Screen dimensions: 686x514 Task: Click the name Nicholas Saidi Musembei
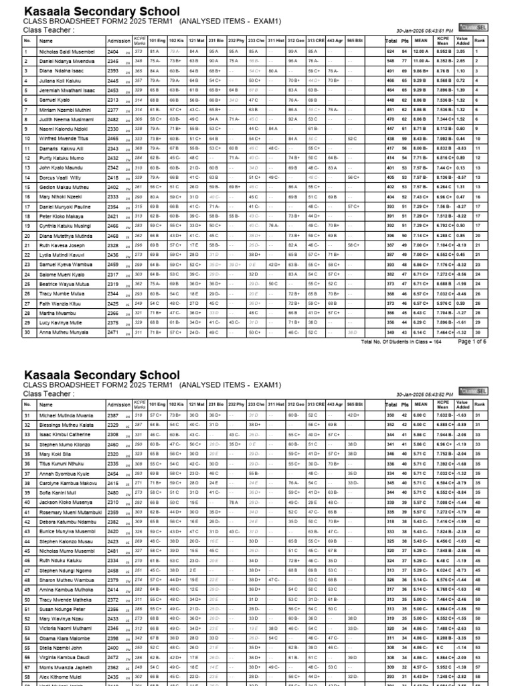tap(68, 51)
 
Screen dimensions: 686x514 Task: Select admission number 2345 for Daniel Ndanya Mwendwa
tap(113, 61)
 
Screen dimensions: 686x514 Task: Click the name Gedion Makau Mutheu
tap(64, 187)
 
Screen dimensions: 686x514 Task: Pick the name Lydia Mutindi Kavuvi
tap(62, 255)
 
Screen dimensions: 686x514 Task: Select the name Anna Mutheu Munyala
tap(64, 332)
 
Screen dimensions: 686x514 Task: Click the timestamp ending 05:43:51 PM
tap(425, 31)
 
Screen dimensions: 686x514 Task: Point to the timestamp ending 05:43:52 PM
tap(425, 394)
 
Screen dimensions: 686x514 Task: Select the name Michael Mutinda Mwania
tap(66, 415)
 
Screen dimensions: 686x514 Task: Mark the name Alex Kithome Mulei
tap(60, 677)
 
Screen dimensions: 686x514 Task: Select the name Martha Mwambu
tap(56, 313)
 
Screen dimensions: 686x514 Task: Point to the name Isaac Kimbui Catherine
tap(64, 435)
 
